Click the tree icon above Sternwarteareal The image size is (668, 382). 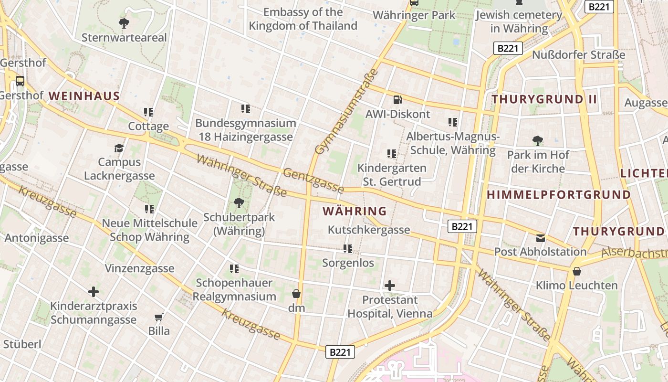tap(124, 22)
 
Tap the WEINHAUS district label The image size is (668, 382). tap(84, 96)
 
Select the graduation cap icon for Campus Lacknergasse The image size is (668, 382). tap(119, 148)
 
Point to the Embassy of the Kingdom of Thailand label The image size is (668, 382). tap(303, 19)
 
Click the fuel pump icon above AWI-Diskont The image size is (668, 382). tap(397, 100)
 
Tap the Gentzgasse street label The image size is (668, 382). tap(313, 180)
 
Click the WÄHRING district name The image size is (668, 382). tap(355, 211)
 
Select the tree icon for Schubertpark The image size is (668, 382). tap(239, 203)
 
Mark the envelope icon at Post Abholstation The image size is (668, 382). tap(540, 238)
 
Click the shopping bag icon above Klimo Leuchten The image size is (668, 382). tap(577, 271)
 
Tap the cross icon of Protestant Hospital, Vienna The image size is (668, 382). tap(390, 286)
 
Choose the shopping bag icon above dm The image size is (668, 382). tap(296, 293)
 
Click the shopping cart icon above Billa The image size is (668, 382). tap(159, 317)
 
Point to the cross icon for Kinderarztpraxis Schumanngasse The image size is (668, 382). tap(94, 291)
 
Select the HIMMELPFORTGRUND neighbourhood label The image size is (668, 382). tap(559, 195)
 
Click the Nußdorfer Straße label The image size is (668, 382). tap(578, 55)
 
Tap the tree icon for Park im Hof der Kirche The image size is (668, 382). tap(538, 140)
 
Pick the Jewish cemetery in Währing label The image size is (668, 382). tap(519, 22)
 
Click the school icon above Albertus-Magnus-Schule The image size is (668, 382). tap(453, 122)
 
